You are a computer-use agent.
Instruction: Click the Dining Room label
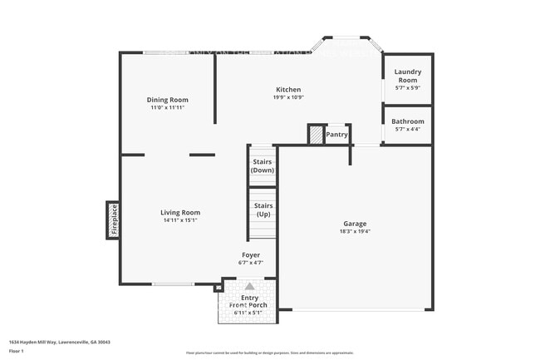(x=168, y=100)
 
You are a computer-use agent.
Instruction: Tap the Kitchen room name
(x=288, y=90)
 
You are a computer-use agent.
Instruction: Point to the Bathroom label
(x=408, y=121)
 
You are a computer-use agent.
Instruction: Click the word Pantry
(x=336, y=134)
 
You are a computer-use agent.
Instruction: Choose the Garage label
(x=355, y=224)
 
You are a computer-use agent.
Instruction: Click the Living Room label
(x=180, y=213)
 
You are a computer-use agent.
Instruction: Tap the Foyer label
(x=251, y=255)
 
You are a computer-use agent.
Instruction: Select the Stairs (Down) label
(x=263, y=165)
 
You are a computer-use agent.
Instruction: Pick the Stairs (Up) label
(x=263, y=210)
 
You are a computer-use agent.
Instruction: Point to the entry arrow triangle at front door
(x=249, y=286)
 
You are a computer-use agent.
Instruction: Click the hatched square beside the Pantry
(x=316, y=134)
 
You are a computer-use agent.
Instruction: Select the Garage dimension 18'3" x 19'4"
(x=355, y=232)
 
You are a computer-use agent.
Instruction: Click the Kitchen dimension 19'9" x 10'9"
(x=288, y=98)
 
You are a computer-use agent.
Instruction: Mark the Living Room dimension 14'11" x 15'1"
(x=180, y=221)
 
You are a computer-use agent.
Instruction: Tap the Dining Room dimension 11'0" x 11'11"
(x=168, y=108)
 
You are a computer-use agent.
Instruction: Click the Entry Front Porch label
(x=249, y=302)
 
